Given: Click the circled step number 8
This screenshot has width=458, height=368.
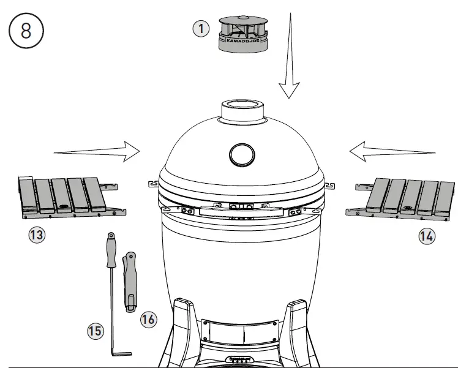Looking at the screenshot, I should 26,31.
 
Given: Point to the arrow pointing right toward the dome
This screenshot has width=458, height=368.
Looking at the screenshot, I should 98,151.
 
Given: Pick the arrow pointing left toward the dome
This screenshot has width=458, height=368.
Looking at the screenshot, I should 392,151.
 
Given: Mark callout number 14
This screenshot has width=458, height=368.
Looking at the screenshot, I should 427,236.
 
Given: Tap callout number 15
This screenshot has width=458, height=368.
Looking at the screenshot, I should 95,331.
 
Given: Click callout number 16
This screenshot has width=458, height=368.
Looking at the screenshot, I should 148,318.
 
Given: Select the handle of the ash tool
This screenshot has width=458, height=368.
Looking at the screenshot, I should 111,251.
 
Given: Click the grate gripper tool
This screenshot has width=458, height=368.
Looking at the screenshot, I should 129,281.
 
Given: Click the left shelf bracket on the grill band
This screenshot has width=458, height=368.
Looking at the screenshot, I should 151,183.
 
